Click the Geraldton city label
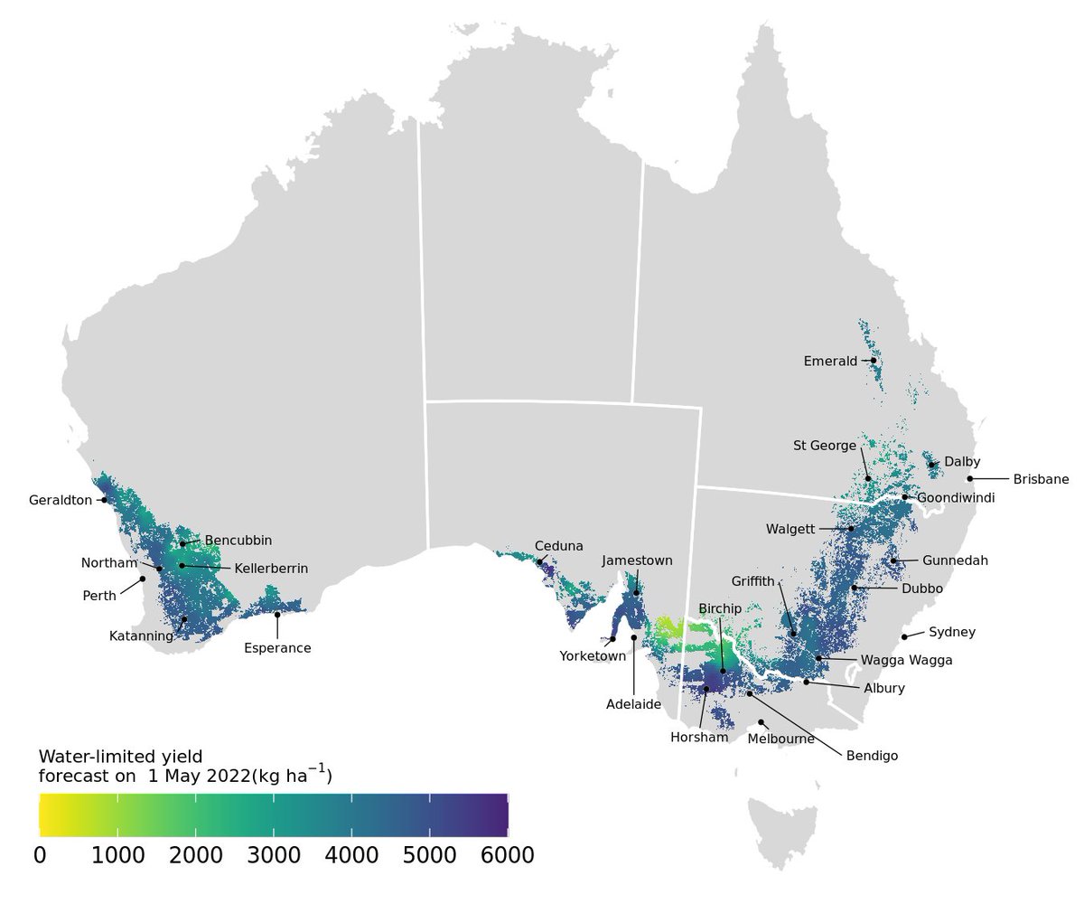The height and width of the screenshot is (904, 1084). (61, 500)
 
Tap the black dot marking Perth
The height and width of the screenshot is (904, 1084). (142, 579)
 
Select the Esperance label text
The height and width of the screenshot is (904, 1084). (277, 648)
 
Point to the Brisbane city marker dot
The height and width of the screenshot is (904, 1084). (969, 478)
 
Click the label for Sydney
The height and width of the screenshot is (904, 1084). (952, 632)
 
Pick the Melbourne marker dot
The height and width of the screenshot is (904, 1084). (762, 722)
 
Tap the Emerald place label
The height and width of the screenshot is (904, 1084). (830, 362)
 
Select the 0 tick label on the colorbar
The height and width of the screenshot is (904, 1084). (40, 855)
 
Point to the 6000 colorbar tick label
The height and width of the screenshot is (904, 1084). (507, 855)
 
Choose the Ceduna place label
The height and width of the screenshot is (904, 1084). (559, 546)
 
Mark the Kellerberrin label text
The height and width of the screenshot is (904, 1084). (271, 569)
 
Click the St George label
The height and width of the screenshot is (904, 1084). (824, 446)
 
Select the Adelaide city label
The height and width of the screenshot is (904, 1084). (634, 704)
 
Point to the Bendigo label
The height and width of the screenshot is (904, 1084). (872, 756)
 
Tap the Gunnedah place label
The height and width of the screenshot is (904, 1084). (955, 560)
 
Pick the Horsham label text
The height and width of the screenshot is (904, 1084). (699, 738)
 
